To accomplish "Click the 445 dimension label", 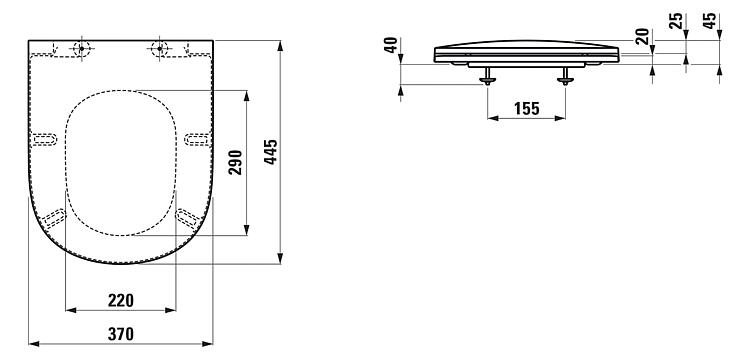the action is click(x=271, y=152).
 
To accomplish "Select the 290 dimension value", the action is click(x=236, y=163).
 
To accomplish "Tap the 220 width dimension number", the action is click(x=121, y=301).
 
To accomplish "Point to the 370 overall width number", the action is click(x=121, y=334).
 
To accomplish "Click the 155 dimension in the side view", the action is click(x=527, y=109).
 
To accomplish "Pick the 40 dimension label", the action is click(x=391, y=45).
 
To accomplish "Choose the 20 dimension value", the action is click(x=643, y=36).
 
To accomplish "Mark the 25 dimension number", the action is click(x=676, y=21).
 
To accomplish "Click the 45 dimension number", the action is click(x=710, y=21).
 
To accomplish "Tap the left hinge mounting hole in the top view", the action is click(x=82, y=48).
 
